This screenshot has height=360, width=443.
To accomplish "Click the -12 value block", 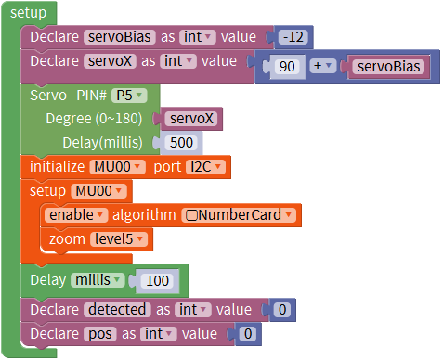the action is pos(293,37).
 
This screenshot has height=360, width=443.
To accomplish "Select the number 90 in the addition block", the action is pos(287,67).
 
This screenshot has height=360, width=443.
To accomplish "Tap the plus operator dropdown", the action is pos(322,66).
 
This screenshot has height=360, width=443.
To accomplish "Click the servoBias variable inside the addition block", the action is pos(388,67).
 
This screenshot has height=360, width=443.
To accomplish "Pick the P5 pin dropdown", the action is pos(129,96).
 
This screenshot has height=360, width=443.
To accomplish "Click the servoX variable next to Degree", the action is pos(191,119).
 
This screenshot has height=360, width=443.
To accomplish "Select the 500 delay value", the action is pos(181,143).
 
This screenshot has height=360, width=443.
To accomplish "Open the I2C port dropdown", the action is pos(205,167).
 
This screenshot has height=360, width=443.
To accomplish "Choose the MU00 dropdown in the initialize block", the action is pos(117,167).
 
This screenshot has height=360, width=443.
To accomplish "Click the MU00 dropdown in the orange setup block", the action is pos(98,191).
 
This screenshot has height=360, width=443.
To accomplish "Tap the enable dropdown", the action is pos(76,215).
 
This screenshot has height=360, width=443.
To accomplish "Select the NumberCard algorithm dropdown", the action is pos(239,215).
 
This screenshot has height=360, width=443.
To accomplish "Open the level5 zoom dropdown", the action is pos(119,239).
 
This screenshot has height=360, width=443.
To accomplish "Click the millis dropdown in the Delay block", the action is pos(98,280).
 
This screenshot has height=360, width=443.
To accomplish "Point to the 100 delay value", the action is pos(157,281).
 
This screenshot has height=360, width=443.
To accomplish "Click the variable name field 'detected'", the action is pos(117,310).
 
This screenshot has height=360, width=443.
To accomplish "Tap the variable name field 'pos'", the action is pos(100,334).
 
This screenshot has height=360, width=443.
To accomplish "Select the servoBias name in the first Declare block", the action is pos(120,37).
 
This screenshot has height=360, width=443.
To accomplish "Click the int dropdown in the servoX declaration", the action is pos(178,61).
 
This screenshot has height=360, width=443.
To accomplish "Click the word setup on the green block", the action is pos(28,13).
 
